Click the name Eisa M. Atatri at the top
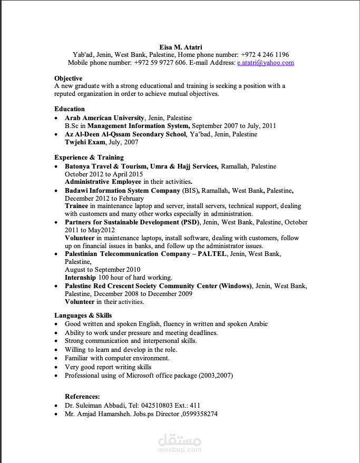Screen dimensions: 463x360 180,47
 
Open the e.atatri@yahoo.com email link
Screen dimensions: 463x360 266,63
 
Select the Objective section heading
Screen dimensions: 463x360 68,78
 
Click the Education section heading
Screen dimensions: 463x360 70,109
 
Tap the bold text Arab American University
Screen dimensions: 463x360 104,118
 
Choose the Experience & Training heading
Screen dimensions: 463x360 89,157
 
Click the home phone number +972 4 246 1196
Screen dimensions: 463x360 265,55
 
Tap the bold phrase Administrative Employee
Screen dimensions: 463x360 103,182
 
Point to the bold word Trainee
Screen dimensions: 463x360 76,205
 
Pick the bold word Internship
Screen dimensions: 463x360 80,277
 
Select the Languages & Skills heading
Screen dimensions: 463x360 83,315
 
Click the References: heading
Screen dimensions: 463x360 82,396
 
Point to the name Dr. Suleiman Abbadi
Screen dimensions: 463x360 95,405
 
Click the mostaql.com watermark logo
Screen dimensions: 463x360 180,443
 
